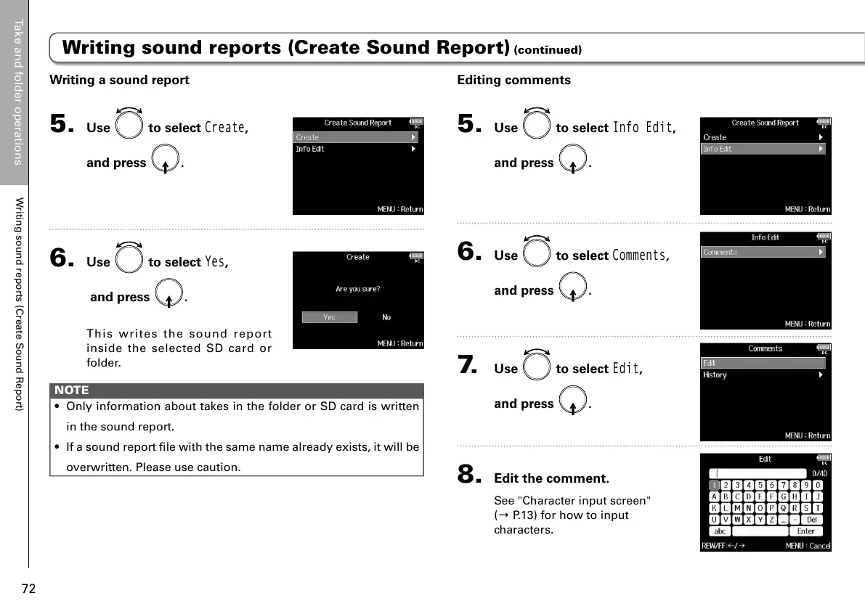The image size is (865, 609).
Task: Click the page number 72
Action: pyautogui.click(x=28, y=588)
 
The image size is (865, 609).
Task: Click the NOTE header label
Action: pyautogui.click(x=71, y=390)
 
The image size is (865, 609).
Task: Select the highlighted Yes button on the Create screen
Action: pyautogui.click(x=330, y=317)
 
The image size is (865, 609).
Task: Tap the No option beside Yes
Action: pyautogui.click(x=386, y=317)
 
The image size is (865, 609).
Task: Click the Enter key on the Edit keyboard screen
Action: pyautogui.click(x=805, y=531)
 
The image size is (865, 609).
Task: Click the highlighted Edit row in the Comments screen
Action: pyautogui.click(x=763, y=363)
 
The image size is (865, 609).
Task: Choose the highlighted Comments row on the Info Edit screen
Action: pyautogui.click(x=763, y=252)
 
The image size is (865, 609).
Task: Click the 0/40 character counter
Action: pyautogui.click(x=819, y=473)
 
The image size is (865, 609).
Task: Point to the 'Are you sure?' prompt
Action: pyautogui.click(x=357, y=289)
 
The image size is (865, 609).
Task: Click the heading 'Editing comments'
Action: pyautogui.click(x=513, y=80)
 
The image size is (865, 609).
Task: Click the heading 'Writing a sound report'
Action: pyautogui.click(x=118, y=80)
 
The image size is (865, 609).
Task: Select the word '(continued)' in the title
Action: pyautogui.click(x=548, y=51)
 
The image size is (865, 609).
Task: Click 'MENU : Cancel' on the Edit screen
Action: pyautogui.click(x=808, y=546)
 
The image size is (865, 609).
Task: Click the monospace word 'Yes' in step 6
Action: pyautogui.click(x=216, y=261)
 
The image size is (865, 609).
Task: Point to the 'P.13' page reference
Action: pyautogui.click(x=519, y=515)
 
